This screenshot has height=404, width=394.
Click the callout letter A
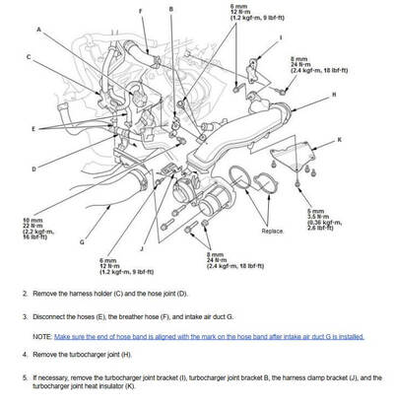point(39,31)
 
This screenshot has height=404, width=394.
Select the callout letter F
point(141,11)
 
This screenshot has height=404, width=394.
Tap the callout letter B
point(170,8)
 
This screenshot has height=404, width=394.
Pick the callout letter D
point(33,168)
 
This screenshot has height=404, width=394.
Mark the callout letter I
point(280,37)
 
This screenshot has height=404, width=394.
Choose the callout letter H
point(333,94)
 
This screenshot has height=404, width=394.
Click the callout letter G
point(83,240)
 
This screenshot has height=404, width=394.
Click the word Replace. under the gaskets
point(273,232)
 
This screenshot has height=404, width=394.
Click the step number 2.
point(24,294)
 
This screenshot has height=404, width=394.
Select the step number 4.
point(24,353)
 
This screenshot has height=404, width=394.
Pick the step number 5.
point(24,376)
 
